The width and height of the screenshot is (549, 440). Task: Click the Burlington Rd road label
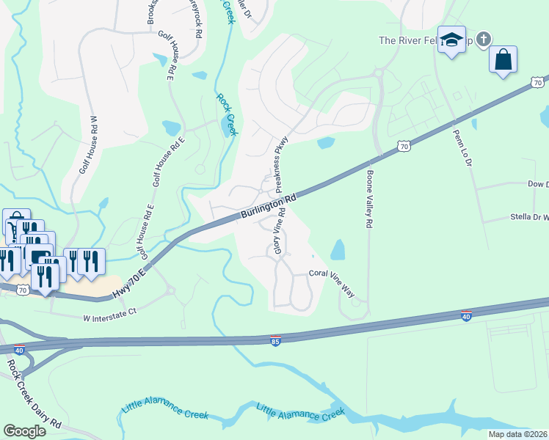coord(268,207)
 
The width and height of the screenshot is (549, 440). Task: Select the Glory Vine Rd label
coord(278,231)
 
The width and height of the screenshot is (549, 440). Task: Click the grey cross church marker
coord(483,39)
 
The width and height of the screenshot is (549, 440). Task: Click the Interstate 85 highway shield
coord(275,341)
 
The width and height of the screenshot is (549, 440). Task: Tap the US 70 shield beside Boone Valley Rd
coord(403,147)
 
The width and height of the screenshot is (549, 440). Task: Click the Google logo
coord(25,430)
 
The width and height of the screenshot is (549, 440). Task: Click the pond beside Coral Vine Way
coord(338,250)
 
